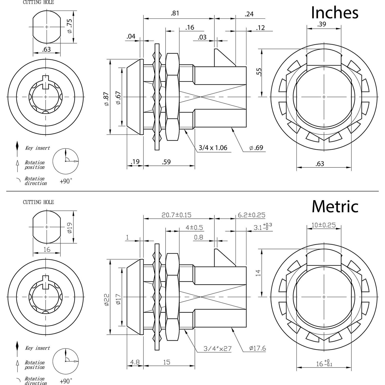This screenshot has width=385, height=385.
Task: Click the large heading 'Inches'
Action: [x=334, y=12]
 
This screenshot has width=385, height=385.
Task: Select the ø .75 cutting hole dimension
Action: [x=70, y=27]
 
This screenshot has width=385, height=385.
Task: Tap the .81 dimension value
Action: [x=175, y=13]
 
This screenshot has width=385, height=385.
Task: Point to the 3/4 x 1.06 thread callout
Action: [x=213, y=148]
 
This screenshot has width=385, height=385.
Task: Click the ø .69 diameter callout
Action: [x=256, y=148]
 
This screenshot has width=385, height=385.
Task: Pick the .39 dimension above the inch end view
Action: [x=321, y=24]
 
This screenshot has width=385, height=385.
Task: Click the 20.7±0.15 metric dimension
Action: [x=176, y=215]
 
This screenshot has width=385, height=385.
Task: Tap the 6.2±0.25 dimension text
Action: [x=251, y=215]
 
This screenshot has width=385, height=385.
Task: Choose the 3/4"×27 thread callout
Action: [x=217, y=349]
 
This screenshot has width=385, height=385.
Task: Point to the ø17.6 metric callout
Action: [x=257, y=348]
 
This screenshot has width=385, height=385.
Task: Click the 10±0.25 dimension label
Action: [x=323, y=225]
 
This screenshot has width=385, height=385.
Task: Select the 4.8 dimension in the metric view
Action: [x=135, y=362]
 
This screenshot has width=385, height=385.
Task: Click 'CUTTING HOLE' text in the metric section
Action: [x=38, y=202]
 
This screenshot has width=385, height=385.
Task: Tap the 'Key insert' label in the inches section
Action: [x=37, y=148]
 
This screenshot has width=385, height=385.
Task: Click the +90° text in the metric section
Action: [x=66, y=381]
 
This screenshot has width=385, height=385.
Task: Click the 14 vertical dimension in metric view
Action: [x=258, y=273]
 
